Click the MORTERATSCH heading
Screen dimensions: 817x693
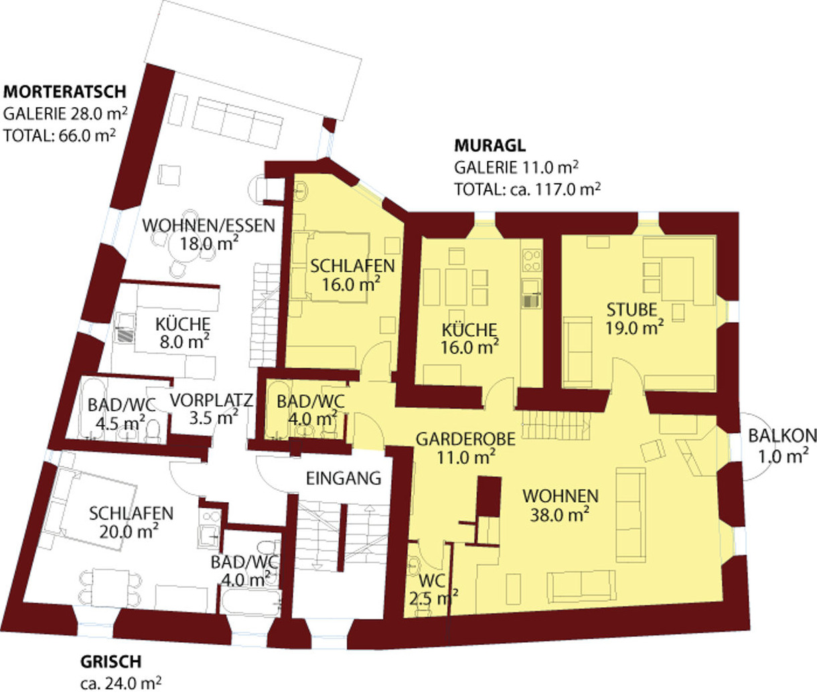65,92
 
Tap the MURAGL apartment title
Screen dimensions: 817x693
490,146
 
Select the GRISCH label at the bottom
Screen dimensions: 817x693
110,662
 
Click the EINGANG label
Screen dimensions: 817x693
344,479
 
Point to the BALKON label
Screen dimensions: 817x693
782,436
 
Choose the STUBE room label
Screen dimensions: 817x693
632,310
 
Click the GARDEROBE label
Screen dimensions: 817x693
465,439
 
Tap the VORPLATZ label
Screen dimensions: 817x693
212,400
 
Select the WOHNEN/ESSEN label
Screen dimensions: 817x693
209,226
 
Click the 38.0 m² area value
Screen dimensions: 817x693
560,514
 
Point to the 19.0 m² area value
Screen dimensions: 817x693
634,327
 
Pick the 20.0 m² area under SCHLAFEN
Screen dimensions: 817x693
129,532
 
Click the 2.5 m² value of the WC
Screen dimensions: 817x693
433,598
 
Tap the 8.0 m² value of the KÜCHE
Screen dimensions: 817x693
184,341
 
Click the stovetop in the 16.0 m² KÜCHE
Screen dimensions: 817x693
532,260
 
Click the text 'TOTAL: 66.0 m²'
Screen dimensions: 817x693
60,135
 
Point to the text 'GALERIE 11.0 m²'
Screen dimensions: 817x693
516,167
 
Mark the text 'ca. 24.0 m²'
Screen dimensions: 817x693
121,683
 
